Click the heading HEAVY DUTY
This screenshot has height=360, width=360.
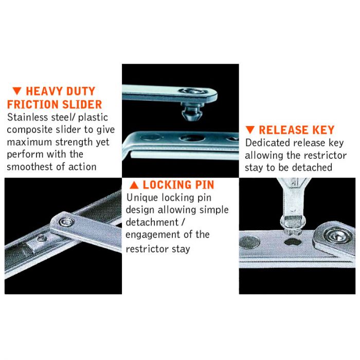60,92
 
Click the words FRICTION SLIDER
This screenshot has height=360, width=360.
54,104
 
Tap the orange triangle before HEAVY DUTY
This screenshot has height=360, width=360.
16,92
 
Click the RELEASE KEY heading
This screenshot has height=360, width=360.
296,130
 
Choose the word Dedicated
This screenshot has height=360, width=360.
268,143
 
